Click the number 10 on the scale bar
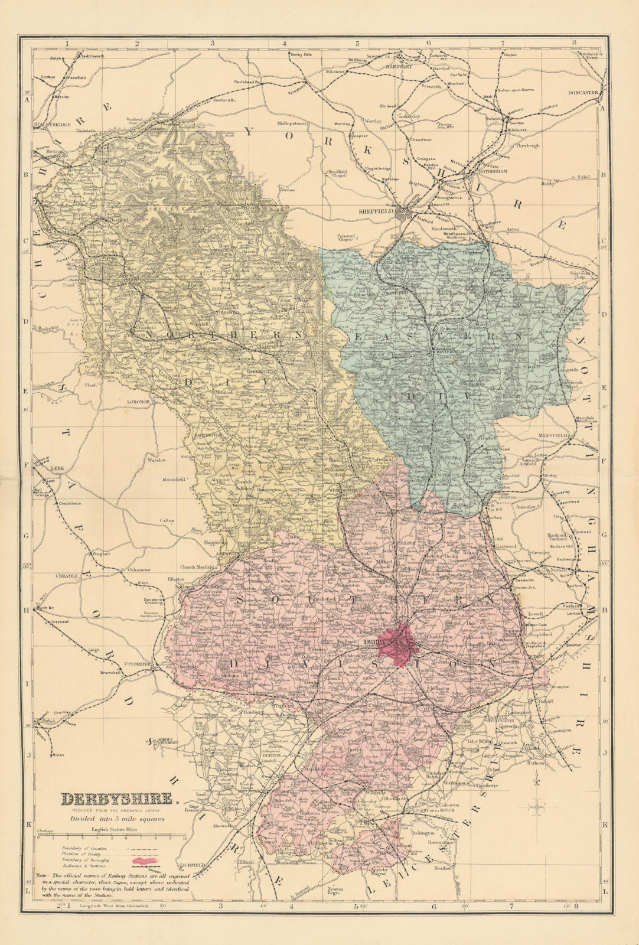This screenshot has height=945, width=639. pyautogui.click(x=185, y=838)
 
